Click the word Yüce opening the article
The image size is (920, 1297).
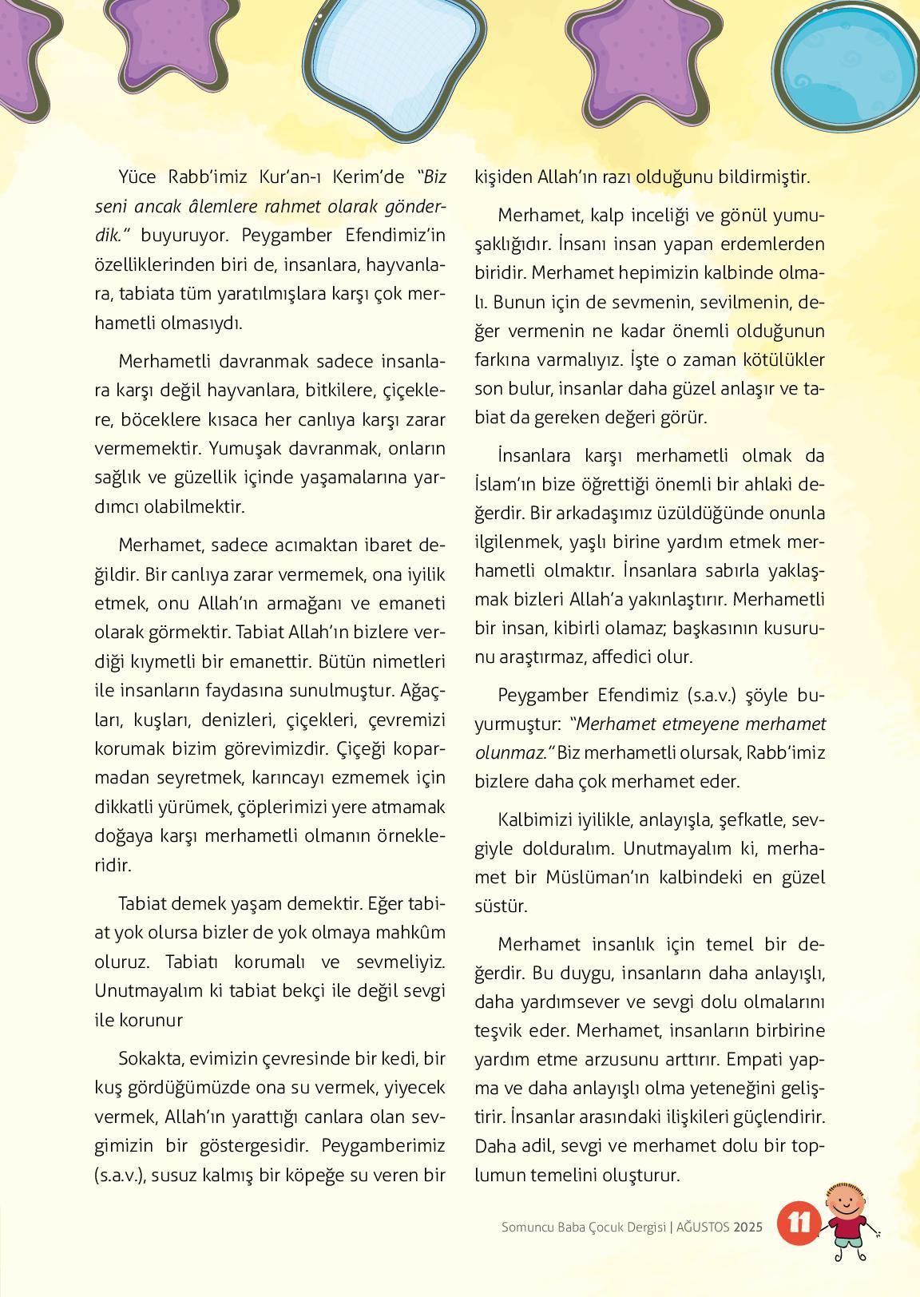[x=138, y=177]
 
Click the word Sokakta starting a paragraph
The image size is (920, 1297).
[x=149, y=1059]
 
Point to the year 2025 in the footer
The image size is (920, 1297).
[x=749, y=1228]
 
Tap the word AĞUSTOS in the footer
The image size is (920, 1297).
[x=703, y=1228]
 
